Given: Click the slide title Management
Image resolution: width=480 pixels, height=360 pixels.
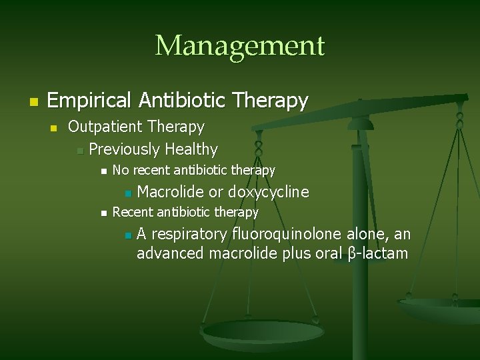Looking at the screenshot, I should [239, 46].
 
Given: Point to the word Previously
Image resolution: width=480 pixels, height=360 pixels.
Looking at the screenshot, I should [124, 149].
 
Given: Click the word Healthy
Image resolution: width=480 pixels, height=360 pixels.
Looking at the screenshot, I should [191, 149].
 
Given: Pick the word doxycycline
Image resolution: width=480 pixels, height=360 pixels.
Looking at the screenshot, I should [268, 193].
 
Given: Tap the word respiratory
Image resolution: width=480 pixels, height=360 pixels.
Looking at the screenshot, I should [189, 234].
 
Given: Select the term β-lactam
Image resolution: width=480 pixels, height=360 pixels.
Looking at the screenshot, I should [378, 253].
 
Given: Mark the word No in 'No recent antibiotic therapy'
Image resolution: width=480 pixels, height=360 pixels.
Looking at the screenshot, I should [120, 171].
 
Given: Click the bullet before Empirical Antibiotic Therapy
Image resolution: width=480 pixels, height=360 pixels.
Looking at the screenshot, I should [32, 102].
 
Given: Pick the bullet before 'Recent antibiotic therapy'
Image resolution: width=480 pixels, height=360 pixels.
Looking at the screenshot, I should [102, 213].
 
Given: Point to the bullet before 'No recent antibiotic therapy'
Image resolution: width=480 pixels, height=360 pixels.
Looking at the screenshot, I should [102, 172].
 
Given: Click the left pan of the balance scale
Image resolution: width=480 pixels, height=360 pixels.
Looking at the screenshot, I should [263, 333].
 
